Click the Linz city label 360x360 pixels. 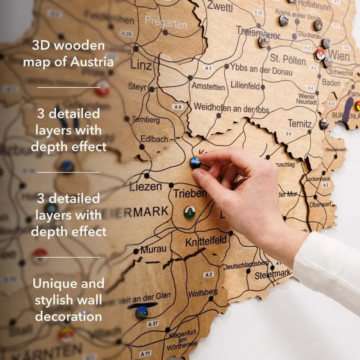tap(141, 65)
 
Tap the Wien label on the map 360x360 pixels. tap(339, 56)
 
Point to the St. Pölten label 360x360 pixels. tap(288, 59)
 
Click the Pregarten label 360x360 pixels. tap(166, 22)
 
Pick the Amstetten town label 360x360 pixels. tap(208, 86)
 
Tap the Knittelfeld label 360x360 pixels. tap(206, 241)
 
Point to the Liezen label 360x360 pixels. tap(146, 187)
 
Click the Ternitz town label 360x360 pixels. tap(300, 124)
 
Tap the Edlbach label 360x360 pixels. tap(154, 139)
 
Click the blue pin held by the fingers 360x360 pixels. tap(195, 162)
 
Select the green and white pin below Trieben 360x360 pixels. tap(190, 212)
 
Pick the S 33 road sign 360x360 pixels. tap(258, 13)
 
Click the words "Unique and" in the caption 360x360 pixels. tap(68, 283)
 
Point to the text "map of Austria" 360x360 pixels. tap(68, 62)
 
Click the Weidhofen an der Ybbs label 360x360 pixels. tap(231, 107)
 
